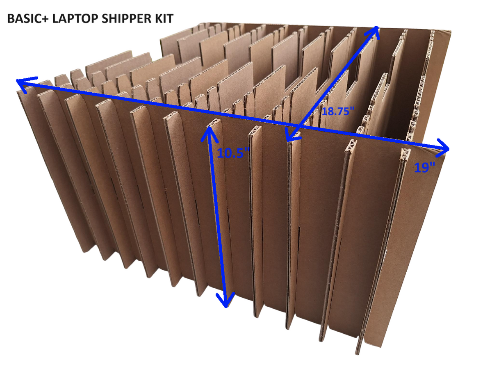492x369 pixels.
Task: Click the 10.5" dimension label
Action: pyautogui.click(x=233, y=153)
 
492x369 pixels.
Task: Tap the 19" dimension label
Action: pyautogui.click(x=424, y=167)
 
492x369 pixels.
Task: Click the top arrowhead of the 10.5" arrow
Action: pyautogui.click(x=209, y=130)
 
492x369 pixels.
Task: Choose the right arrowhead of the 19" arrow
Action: pyautogui.click(x=445, y=146)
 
